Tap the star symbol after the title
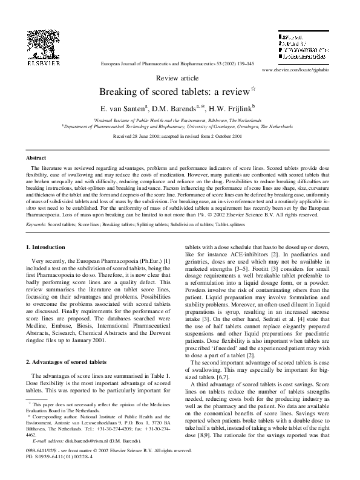point(254,89)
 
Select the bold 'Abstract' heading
point(36,157)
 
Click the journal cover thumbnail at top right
point(302,48)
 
